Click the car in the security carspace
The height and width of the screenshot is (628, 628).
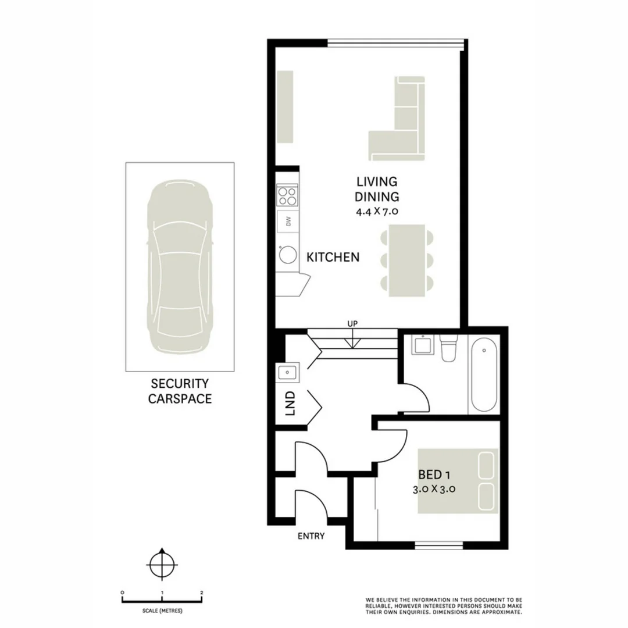[180, 267]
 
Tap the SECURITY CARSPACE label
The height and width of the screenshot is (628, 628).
[180, 391]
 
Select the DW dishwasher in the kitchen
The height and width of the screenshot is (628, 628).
[287, 221]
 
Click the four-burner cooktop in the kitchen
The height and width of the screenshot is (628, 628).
[287, 195]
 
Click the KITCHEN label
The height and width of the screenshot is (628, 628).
[333, 257]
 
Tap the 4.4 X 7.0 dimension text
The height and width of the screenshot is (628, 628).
[377, 212]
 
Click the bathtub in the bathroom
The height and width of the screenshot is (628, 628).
[483, 377]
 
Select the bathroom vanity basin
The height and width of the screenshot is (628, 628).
[421, 347]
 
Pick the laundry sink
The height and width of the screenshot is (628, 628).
[288, 372]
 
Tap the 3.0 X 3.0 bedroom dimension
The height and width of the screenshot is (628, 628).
[433, 489]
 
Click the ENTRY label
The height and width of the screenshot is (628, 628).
[311, 536]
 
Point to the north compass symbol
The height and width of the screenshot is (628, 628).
[161, 563]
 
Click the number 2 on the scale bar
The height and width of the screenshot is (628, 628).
[201, 593]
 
